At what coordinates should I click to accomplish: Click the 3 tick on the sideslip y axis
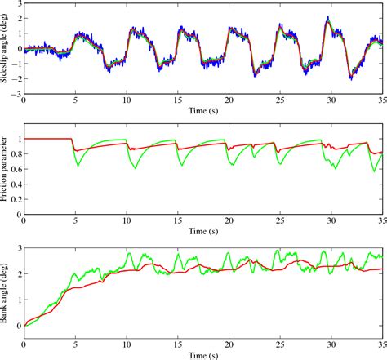coord(17,5)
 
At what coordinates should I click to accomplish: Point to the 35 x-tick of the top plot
coord(380,102)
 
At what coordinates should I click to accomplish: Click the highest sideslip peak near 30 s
coord(327,18)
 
